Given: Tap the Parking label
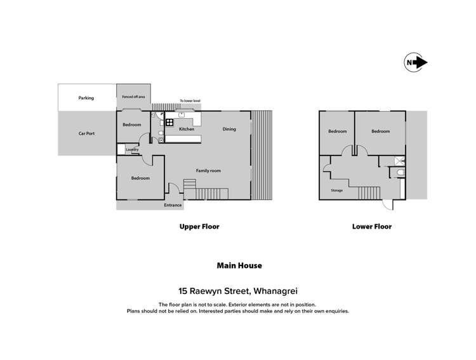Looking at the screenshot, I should (x=86, y=98).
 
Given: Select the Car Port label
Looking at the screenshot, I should (x=86, y=134).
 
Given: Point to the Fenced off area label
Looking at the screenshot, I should (x=133, y=97).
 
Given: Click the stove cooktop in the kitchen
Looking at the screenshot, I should (x=169, y=123).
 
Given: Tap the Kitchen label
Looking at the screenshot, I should (x=186, y=130).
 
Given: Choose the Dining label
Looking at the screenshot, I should (x=229, y=130).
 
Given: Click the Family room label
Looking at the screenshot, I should (x=208, y=171).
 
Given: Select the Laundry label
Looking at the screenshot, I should (x=131, y=150).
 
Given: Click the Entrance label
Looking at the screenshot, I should (x=173, y=205).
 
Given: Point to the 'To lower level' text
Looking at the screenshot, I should (x=190, y=101).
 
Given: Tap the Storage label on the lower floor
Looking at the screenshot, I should (x=338, y=190).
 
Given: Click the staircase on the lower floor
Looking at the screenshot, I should (x=369, y=192).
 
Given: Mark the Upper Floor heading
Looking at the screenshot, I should (x=200, y=227).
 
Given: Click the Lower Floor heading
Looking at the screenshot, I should (x=371, y=227).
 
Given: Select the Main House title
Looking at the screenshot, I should (x=237, y=266).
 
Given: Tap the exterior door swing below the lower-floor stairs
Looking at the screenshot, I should (x=388, y=206).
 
